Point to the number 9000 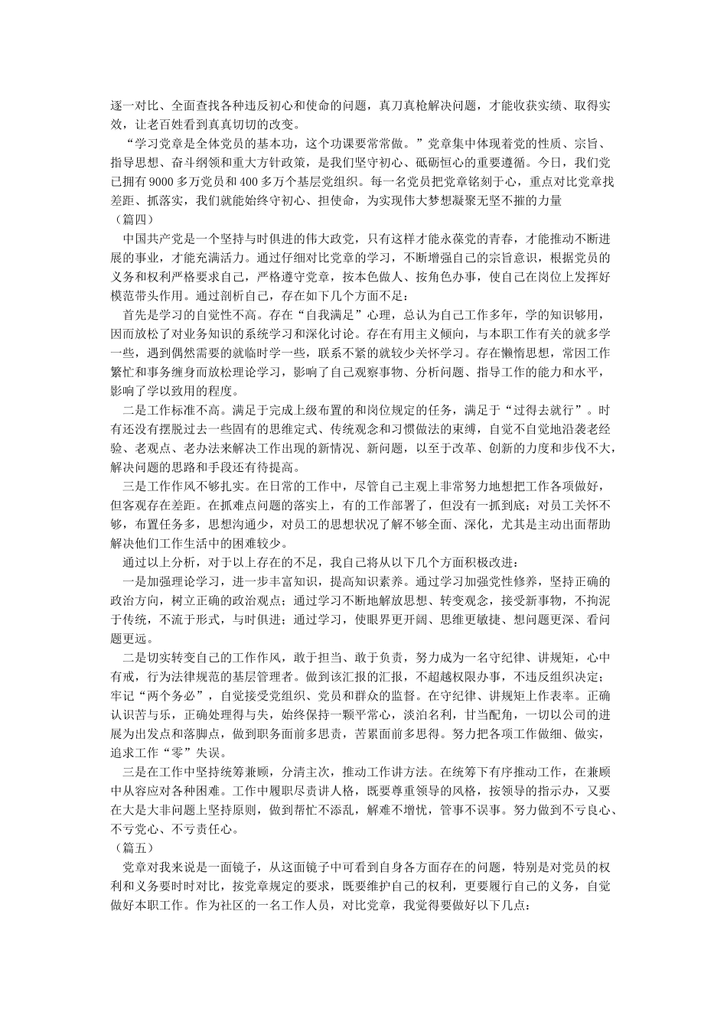click(x=164, y=181)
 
